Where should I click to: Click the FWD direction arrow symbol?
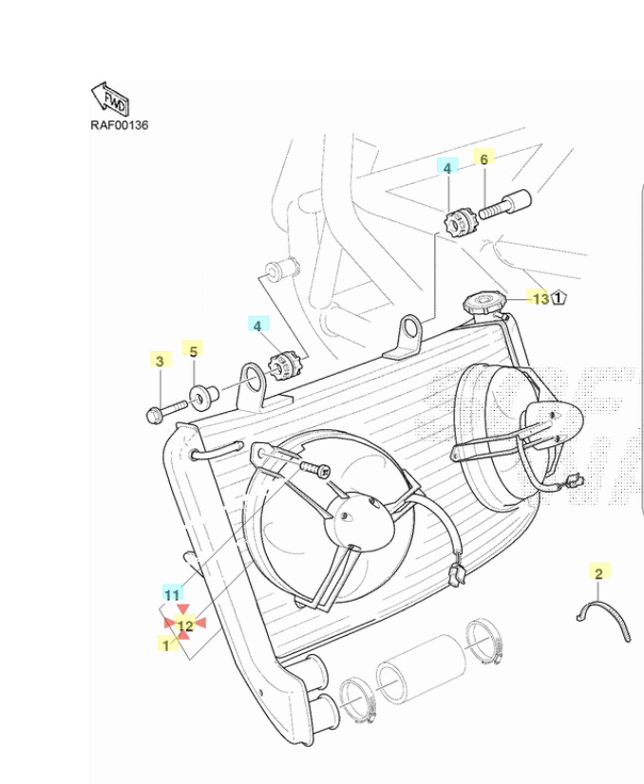click(x=110, y=99)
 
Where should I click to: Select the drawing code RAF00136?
click(x=120, y=125)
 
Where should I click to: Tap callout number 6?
click(x=483, y=159)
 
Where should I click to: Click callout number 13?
click(x=540, y=299)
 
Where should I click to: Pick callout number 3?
click(x=160, y=361)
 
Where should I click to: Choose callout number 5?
click(x=193, y=351)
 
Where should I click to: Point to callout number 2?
click(x=598, y=573)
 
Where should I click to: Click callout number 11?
click(x=172, y=595)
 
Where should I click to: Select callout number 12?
click(x=185, y=625)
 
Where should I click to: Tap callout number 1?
click(x=166, y=644)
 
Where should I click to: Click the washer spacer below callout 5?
click(x=202, y=395)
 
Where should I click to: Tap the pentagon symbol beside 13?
click(x=559, y=299)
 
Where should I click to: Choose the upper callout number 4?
click(x=446, y=167)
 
